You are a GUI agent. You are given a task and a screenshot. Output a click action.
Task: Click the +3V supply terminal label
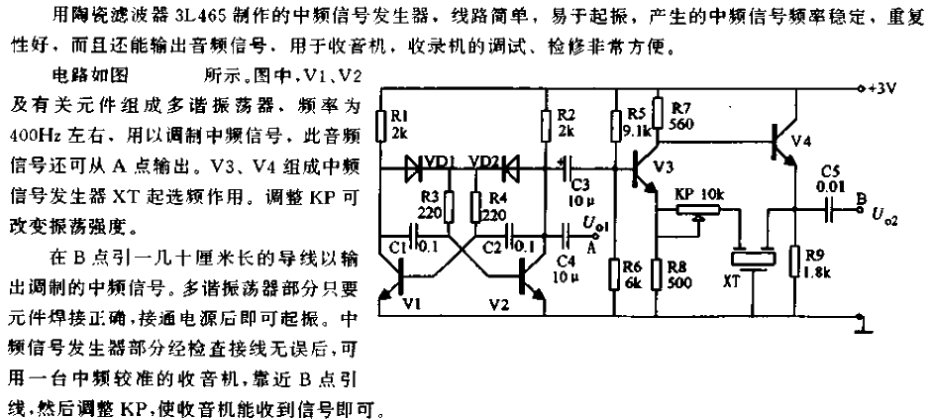click(881, 89)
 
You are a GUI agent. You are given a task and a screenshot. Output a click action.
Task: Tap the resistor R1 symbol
click(381, 126)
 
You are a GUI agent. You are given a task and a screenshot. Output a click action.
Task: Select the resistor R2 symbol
click(547, 126)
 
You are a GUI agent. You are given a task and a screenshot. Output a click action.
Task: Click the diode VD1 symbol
click(414, 167)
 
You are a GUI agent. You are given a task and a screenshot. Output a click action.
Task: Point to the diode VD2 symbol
click(510, 167)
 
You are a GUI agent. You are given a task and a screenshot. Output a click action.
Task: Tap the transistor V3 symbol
click(643, 170)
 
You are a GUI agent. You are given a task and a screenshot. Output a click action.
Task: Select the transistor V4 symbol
click(782, 143)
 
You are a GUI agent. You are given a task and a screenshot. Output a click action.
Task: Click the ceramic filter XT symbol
click(754, 259)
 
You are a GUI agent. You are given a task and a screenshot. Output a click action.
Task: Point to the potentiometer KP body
click(697, 208)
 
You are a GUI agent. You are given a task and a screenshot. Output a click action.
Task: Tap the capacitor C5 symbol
click(829, 209)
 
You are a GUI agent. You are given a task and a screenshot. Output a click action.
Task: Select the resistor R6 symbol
click(615, 274)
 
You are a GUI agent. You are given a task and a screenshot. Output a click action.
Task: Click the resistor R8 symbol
click(658, 274)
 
